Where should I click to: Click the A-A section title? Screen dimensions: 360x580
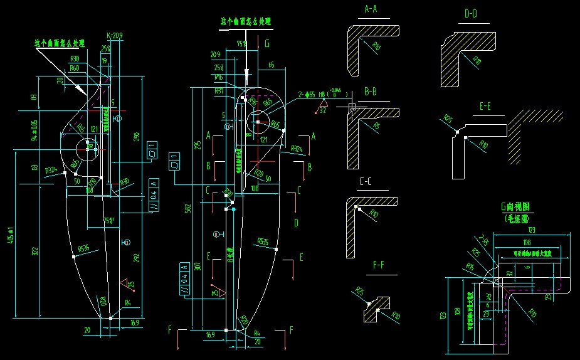click(x=371, y=9)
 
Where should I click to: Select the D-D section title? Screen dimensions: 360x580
click(x=470, y=13)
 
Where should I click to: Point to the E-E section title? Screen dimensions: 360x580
click(x=485, y=107)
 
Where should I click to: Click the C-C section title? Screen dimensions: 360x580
click(x=366, y=183)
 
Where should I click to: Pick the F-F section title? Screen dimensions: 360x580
click(x=379, y=266)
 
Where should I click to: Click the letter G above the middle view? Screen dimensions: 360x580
click(x=267, y=43)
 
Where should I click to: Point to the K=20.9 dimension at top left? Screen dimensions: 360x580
click(x=115, y=35)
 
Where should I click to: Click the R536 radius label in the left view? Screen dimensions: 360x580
click(x=83, y=249)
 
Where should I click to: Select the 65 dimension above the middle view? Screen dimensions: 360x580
click(x=271, y=65)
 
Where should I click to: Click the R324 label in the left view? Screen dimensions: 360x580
click(x=51, y=169)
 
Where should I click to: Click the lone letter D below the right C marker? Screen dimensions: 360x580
click(x=296, y=223)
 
